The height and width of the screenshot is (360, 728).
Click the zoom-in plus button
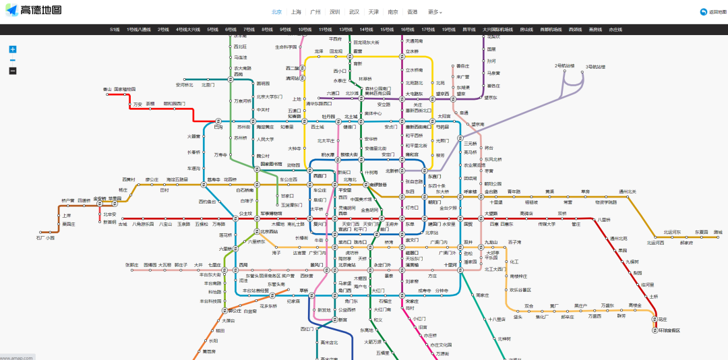13,49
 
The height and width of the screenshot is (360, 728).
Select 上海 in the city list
297,12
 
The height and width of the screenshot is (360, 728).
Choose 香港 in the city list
412,12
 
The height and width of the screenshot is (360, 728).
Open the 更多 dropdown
435,12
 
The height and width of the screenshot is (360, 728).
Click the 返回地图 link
712,12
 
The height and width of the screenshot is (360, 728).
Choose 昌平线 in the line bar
469,30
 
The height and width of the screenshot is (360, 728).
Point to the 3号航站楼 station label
595,67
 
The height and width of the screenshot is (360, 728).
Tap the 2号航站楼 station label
565,65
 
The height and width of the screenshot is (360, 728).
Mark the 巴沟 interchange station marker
218,127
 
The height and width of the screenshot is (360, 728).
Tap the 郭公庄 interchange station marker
229,311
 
